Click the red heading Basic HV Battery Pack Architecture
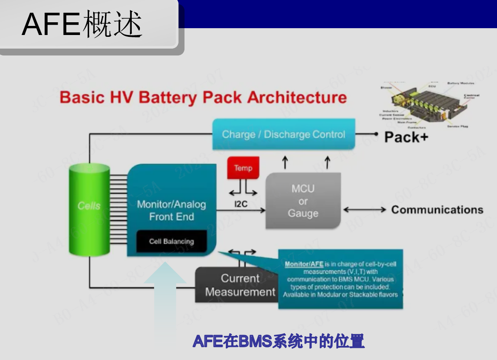[x=203, y=97]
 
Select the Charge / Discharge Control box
[x=283, y=134]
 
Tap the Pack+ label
[x=406, y=137]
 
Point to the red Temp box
[x=243, y=168]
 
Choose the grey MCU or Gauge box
[x=303, y=201]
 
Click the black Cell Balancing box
[x=171, y=241]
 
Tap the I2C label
[x=241, y=204]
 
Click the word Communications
[x=437, y=210]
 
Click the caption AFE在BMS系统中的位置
[x=278, y=341]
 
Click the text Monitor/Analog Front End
[x=171, y=210]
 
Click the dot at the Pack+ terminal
[x=376, y=134]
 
